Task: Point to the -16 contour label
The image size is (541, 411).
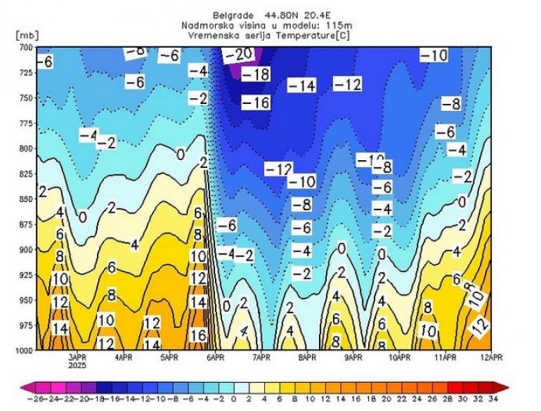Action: coord(256,103)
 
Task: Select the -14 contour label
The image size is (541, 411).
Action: coord(301,86)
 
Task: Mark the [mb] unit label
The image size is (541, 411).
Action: coord(25,34)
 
